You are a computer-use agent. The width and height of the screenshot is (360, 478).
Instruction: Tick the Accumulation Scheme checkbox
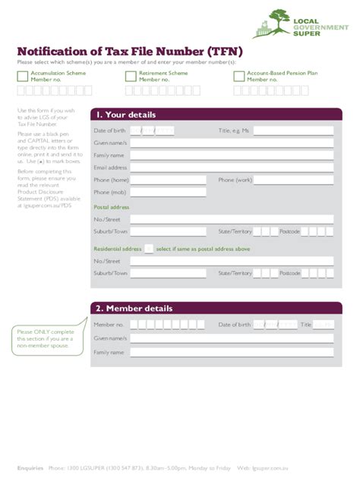[22, 76]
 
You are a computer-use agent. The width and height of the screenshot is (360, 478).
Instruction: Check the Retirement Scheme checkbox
[131, 76]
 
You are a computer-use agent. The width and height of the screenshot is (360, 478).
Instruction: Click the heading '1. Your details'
[126, 115]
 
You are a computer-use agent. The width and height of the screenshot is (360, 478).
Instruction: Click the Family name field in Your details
[232, 155]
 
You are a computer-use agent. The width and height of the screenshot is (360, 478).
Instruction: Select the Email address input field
[232, 168]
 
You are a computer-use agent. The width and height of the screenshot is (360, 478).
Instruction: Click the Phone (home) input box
[168, 181]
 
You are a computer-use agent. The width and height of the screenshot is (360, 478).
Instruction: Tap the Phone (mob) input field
[168, 193]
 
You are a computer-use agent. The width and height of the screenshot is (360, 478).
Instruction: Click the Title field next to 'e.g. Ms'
[293, 131]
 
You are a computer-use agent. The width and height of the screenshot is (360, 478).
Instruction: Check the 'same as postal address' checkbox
[149, 248]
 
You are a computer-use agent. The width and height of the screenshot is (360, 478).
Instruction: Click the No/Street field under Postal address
[232, 219]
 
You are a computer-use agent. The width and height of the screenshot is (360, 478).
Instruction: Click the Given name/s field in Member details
[232, 338]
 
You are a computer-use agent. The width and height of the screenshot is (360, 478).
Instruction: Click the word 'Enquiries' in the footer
[30, 467]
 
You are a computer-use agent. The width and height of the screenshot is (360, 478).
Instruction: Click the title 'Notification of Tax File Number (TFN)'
[130, 51]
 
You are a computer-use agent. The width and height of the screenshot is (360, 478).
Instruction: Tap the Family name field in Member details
[232, 352]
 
